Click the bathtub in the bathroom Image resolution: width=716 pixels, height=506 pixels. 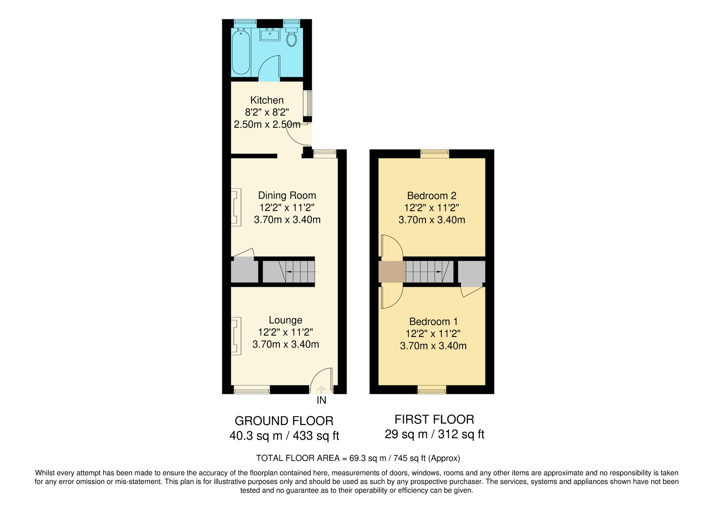coord(241,52)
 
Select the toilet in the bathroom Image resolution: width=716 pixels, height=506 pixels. coord(292,39)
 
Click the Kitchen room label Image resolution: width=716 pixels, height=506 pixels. coord(267,100)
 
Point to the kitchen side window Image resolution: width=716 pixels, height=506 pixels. coord(308,103)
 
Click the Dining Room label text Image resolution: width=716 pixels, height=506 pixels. coord(287,196)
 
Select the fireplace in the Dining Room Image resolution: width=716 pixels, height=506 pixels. coord(236,207)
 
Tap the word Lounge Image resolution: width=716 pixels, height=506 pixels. coord(285,320)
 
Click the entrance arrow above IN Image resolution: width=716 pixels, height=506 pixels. coord(321,389)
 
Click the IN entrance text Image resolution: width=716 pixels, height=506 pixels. coord(321,401)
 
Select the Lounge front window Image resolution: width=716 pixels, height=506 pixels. coord(252,390)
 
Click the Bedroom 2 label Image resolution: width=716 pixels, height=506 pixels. coord(432,196)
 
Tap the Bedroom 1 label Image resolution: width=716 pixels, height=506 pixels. coord(433,322)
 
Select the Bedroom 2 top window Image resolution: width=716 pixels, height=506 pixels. coord(435,154)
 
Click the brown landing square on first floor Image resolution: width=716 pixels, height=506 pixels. coord(392,272)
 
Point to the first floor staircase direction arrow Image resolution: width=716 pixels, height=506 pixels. coord(437,272)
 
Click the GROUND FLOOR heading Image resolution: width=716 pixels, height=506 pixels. coord(284,421)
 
